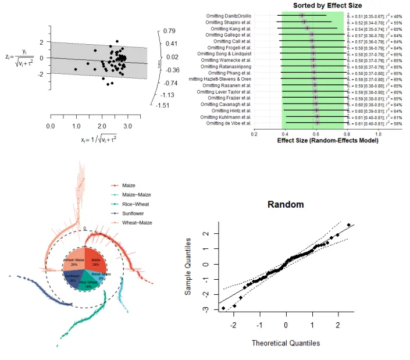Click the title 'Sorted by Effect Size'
pos(316,5)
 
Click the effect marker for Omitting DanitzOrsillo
pos(301,16)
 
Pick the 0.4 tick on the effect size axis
pos(285,133)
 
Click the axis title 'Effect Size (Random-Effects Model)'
pos(315,140)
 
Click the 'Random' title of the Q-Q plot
pos(286,205)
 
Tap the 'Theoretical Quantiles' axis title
pos(286,343)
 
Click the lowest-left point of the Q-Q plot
pos(223,308)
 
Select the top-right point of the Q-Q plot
pos(348,225)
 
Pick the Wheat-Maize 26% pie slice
pos(74,263)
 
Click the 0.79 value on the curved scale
pos(170,30)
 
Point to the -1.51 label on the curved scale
pos(169,105)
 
